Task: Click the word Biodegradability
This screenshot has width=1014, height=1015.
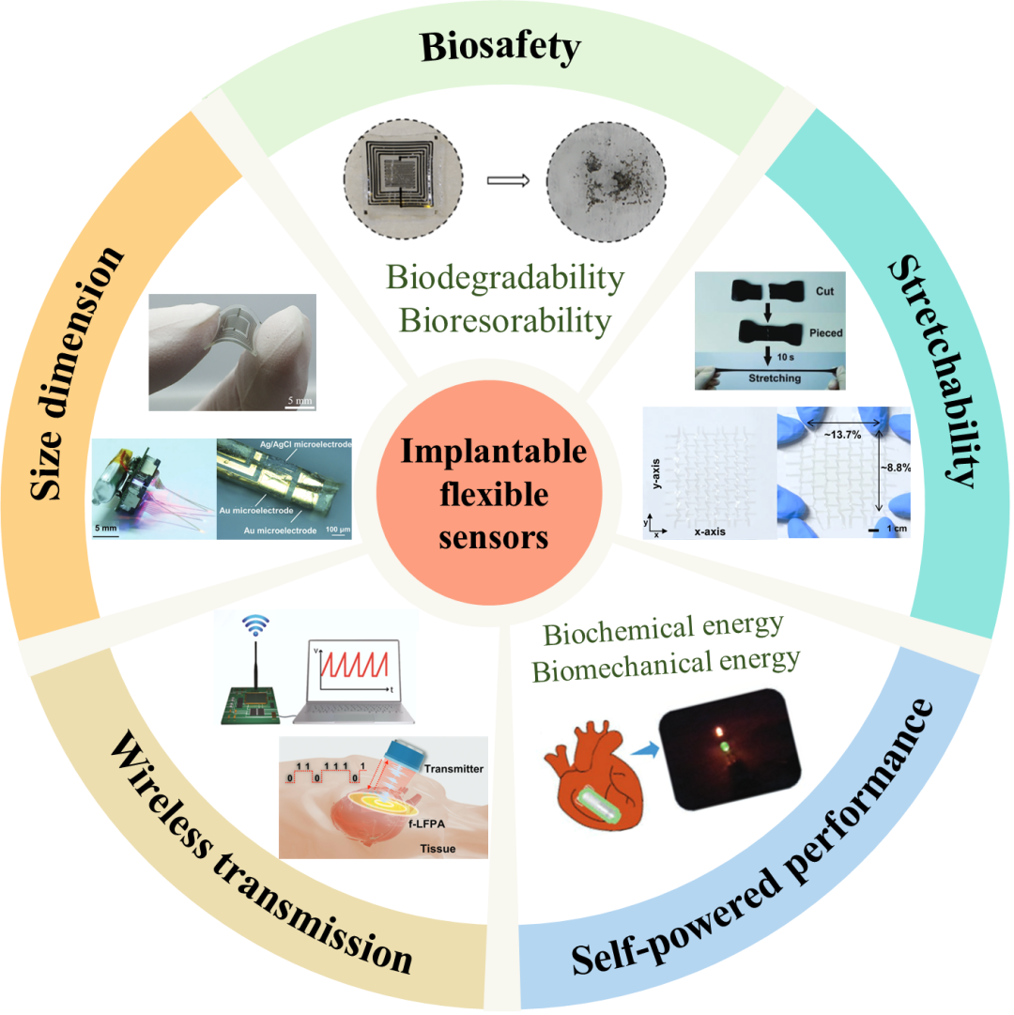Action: (505, 278)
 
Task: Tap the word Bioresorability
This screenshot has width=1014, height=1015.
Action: (505, 320)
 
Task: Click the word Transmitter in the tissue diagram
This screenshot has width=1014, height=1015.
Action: (453, 769)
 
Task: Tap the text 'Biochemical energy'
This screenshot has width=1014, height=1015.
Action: (663, 630)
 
